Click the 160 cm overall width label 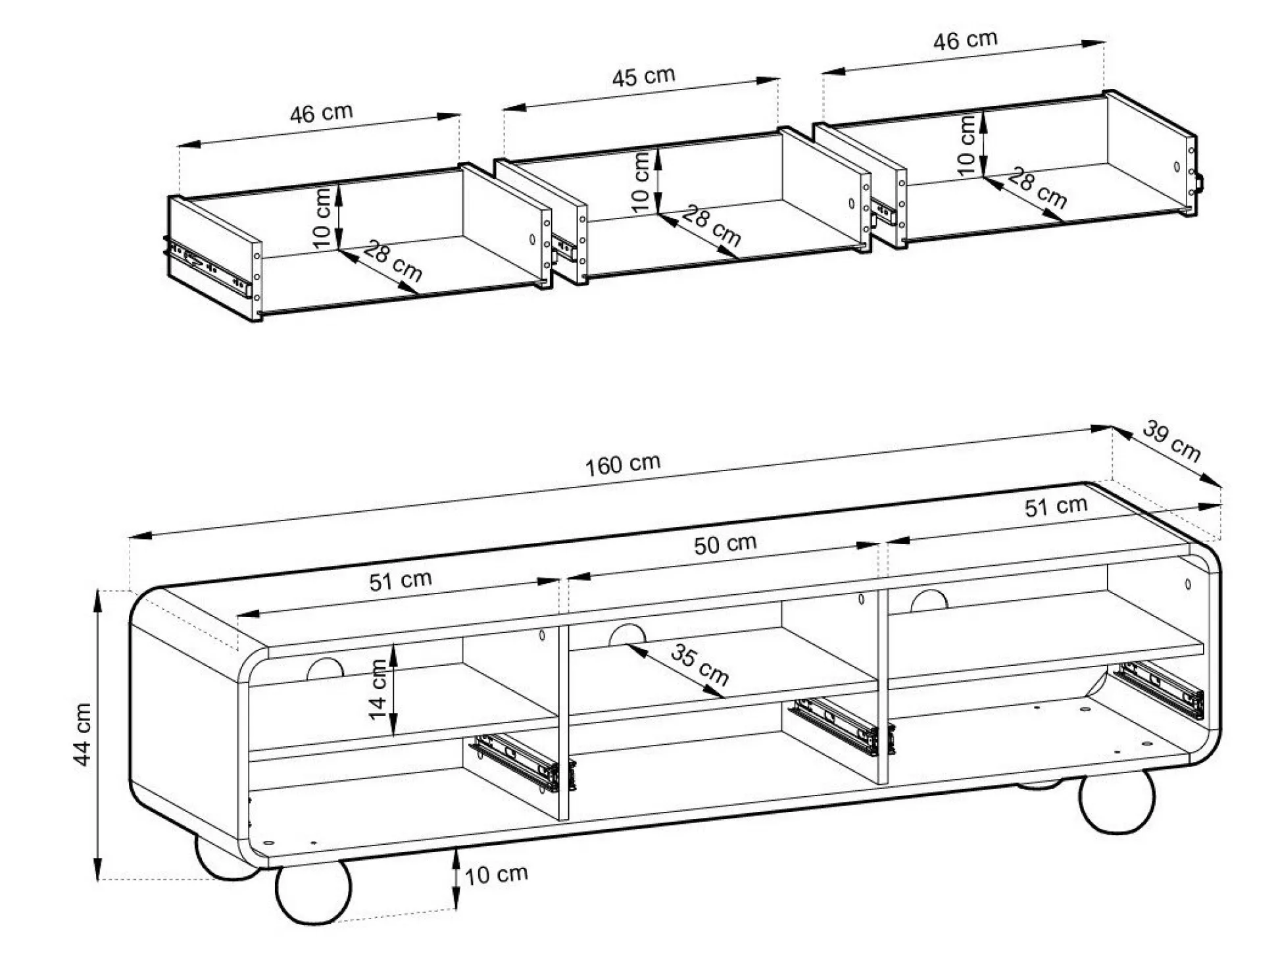[623, 465]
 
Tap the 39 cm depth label [1171, 441]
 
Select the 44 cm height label [83, 734]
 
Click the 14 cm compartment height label [378, 690]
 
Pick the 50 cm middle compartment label [725, 544]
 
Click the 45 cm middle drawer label [643, 76]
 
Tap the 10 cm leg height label [496, 874]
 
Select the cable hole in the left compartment [325, 669]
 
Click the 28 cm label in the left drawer [392, 261]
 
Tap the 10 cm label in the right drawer [966, 145]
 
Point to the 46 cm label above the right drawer [965, 40]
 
